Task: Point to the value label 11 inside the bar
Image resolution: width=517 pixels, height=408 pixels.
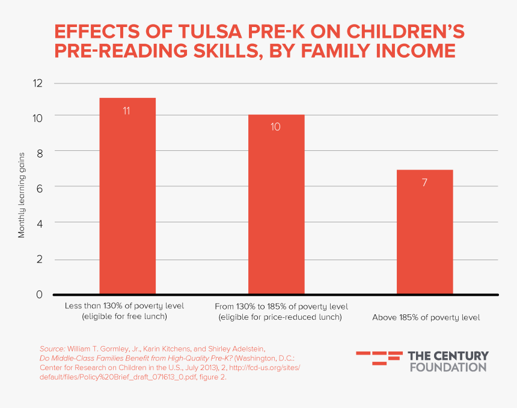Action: pos(127,111)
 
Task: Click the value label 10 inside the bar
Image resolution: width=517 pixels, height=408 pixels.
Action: pos(276,127)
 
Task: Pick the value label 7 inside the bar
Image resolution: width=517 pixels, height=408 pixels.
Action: pos(424,183)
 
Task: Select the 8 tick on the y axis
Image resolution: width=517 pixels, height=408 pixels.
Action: pos(39,153)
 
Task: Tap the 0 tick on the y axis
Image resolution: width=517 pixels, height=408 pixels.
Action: pos(39,294)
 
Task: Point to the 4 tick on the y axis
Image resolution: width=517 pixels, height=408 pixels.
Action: pos(39,223)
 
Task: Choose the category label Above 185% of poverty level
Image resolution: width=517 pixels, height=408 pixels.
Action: pos(426,317)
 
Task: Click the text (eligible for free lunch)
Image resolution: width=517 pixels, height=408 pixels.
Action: pos(125,316)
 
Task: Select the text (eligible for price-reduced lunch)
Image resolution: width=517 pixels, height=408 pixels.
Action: pos(280,317)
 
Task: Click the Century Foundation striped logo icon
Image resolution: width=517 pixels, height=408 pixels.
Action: pos(379,358)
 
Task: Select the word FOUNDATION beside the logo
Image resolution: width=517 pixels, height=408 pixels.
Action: pos(448,367)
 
